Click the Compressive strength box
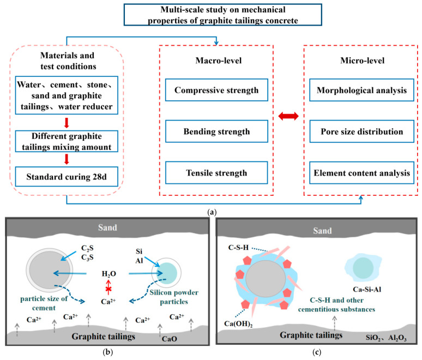pyautogui.click(x=216, y=90)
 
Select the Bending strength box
pyautogui.click(x=216, y=131)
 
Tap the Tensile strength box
pyautogui.click(x=216, y=173)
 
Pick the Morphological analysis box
pyautogui.click(x=361, y=90)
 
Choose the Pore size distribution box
pyautogui.click(x=361, y=131)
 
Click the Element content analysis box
pyautogui.click(x=361, y=173)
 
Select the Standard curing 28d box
pyautogui.click(x=67, y=177)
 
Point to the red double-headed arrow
pyautogui.click(x=288, y=116)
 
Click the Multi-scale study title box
pyautogui.click(x=223, y=15)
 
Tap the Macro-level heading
pyautogui.click(x=219, y=61)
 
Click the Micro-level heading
pyautogui.click(x=362, y=61)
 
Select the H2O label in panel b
pyautogui.click(x=108, y=274)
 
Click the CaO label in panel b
pyautogui.click(x=169, y=339)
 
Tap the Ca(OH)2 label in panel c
pyautogui.click(x=238, y=323)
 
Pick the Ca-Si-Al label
pyautogui.click(x=367, y=290)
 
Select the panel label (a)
pyautogui.click(x=212, y=212)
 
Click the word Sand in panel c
pyautogui.click(x=322, y=231)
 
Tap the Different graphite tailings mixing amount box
pyautogui.click(x=67, y=141)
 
